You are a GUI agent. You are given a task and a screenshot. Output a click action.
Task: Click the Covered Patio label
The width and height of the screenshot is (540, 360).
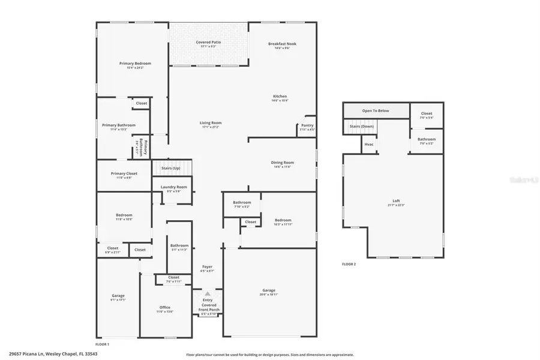click(208, 42)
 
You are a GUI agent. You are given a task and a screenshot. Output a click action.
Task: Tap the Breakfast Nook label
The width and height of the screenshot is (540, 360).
click(282, 44)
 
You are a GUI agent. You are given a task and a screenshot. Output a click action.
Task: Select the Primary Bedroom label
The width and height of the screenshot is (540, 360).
click(135, 64)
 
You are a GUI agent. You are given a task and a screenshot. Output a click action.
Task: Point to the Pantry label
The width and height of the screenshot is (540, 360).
click(307, 125)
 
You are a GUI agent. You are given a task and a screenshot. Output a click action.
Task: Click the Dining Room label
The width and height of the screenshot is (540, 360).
click(282, 163)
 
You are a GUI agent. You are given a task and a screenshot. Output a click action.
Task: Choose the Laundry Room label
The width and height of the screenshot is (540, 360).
click(174, 187)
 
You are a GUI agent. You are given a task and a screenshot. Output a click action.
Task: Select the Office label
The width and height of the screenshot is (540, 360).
click(165, 307)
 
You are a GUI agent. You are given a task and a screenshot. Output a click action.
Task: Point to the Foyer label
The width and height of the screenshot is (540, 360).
click(207, 266)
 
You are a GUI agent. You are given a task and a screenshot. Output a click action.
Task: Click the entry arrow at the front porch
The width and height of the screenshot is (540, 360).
click(208, 294)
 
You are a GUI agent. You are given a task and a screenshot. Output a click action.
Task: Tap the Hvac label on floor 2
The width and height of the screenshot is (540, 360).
click(369, 145)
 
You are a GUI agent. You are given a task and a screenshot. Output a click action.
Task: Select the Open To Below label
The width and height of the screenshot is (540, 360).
click(376, 111)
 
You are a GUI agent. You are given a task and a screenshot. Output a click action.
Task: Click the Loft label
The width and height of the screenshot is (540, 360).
click(394, 201)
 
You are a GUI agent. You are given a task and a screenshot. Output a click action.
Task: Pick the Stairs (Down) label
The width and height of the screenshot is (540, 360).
click(362, 127)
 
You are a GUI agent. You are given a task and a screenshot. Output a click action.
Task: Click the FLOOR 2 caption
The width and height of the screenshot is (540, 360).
click(349, 264)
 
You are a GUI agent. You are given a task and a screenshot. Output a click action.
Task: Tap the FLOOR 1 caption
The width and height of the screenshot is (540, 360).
click(103, 344)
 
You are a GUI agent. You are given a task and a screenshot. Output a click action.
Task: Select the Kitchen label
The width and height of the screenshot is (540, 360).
click(280, 96)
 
